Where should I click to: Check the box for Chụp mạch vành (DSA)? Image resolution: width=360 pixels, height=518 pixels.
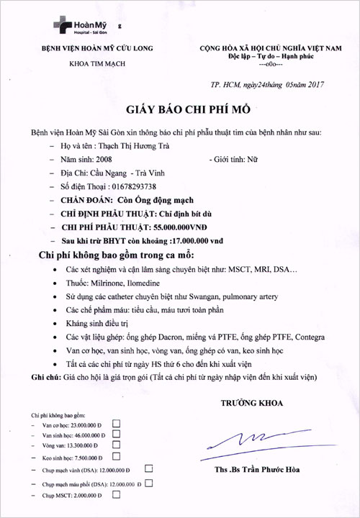click(149, 468)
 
